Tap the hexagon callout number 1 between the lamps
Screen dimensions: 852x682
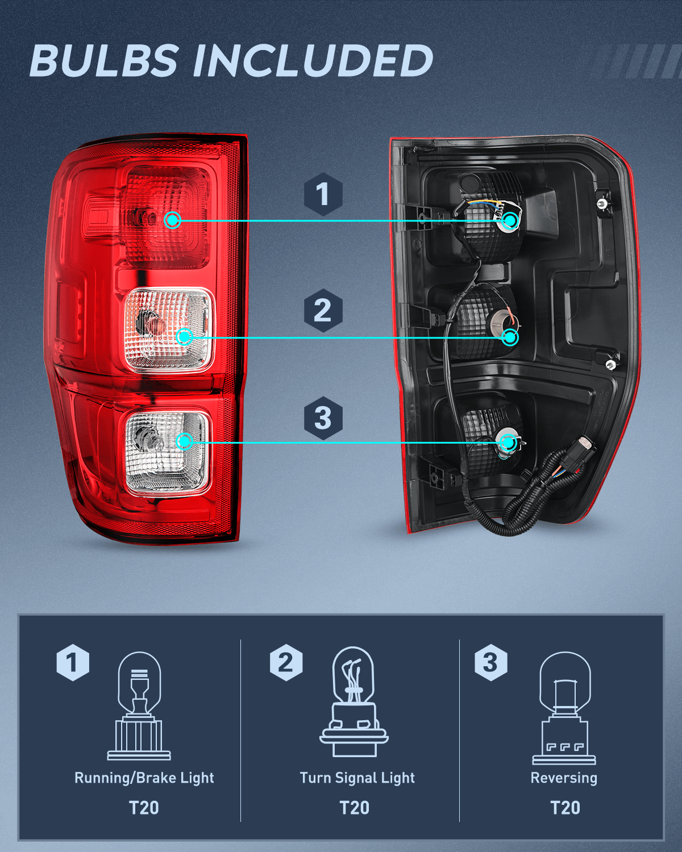[323, 194]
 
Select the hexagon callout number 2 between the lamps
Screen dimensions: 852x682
[323, 311]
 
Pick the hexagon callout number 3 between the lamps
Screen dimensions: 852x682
[323, 419]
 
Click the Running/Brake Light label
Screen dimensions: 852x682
[144, 778]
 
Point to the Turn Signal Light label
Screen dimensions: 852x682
[357, 778]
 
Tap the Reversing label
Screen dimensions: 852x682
[564, 778]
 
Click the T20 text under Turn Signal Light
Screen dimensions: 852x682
[354, 808]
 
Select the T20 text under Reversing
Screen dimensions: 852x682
[565, 808]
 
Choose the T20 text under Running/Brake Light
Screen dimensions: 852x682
[144, 808]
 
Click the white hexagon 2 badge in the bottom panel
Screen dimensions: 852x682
[286, 662]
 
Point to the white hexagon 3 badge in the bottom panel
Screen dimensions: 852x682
[490, 662]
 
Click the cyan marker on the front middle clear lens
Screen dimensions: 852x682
[184, 337]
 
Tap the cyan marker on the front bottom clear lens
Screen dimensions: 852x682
[184, 441]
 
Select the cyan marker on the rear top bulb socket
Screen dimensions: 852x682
[510, 220]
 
